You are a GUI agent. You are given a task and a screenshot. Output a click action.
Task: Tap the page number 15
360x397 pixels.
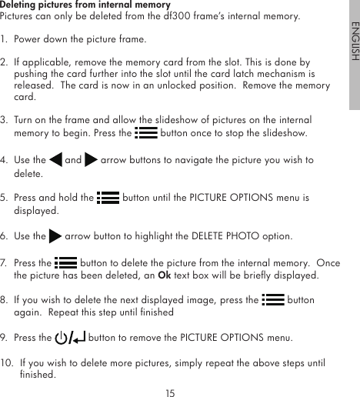170,392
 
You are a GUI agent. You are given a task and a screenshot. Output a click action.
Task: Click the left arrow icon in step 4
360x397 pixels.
55,160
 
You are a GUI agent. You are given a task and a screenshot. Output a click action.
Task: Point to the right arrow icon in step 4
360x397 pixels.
91,160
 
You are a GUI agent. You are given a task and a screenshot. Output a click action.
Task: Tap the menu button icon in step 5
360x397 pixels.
108,197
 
